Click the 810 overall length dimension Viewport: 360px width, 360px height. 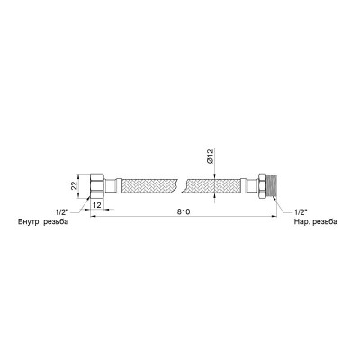184,211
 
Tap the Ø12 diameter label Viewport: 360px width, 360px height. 210,157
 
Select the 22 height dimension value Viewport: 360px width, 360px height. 74,185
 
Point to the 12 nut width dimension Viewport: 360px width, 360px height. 96,204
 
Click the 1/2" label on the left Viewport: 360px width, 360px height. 62,212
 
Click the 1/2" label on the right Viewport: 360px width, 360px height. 300,212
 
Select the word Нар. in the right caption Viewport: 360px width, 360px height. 301,222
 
